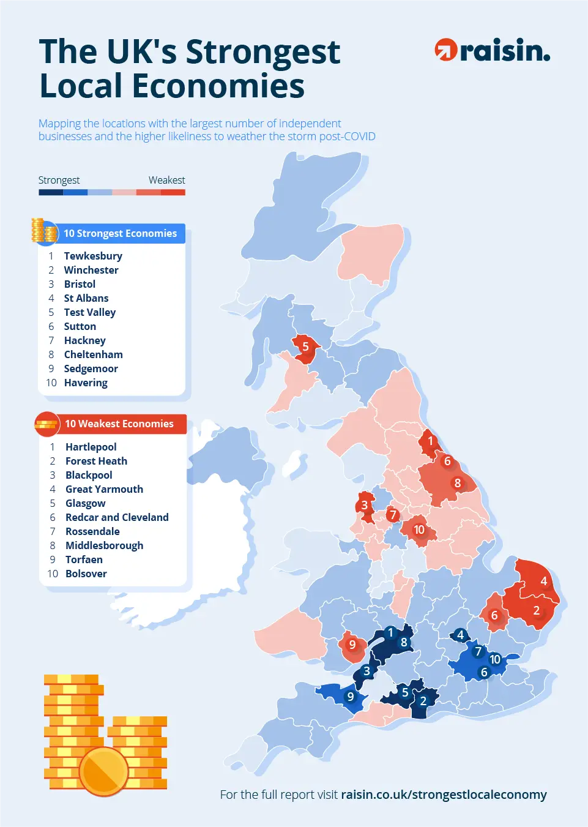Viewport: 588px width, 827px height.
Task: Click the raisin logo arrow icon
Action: tap(445, 50)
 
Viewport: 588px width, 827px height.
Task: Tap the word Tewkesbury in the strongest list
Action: tap(93, 256)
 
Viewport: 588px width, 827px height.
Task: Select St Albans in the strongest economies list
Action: tap(86, 298)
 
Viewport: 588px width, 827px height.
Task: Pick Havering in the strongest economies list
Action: tap(86, 383)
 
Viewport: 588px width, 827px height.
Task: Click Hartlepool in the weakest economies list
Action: tap(91, 447)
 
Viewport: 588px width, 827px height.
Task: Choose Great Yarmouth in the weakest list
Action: tap(104, 489)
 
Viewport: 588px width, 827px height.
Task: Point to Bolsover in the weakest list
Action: tap(86, 574)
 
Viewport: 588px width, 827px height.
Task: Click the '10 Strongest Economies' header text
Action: tap(120, 233)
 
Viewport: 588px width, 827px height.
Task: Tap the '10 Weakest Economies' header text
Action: tap(119, 424)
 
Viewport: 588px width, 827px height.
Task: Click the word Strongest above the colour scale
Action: tap(59, 180)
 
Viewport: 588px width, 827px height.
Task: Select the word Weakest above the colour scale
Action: tap(166, 180)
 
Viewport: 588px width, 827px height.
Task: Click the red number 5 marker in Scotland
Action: tap(305, 346)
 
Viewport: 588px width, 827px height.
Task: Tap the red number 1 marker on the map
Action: tap(430, 441)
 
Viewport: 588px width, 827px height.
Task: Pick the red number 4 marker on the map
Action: tap(543, 581)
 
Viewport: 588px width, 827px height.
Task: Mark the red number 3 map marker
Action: tap(365, 505)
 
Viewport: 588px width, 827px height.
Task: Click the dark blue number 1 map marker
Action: tap(390, 632)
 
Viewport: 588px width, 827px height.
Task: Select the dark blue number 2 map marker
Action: tap(423, 701)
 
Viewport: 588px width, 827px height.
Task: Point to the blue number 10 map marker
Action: tap(495, 659)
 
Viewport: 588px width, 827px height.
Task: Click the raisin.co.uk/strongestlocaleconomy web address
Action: tap(444, 795)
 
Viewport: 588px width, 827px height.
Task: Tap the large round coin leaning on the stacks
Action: tap(103, 771)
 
